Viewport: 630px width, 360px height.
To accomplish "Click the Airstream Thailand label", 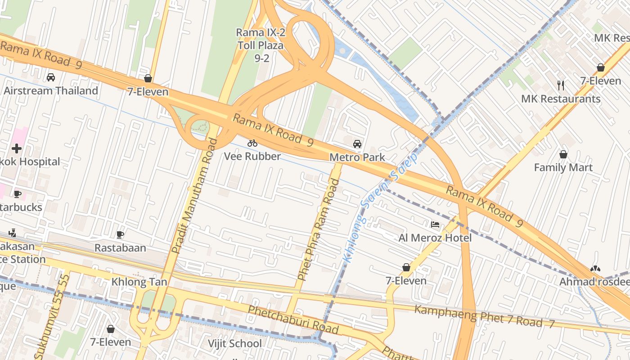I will point(51,91).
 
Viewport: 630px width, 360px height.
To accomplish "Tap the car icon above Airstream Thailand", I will point(51,77).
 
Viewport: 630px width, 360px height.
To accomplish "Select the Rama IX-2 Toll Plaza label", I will point(260,45).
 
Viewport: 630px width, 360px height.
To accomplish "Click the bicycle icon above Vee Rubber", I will point(252,144).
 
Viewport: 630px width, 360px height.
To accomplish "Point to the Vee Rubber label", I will point(252,157).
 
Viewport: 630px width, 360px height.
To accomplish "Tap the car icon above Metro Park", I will point(357,144).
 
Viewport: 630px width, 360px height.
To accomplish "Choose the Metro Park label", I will point(357,157).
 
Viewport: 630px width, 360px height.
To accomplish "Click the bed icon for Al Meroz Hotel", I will point(435,224).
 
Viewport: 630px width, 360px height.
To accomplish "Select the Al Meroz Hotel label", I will point(435,238).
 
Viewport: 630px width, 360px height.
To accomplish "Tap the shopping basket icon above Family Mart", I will point(563,155).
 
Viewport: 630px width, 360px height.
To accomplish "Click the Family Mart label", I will point(563,168).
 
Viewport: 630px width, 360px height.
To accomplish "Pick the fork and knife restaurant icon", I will point(561,85).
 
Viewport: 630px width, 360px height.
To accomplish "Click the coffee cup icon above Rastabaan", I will point(120,234).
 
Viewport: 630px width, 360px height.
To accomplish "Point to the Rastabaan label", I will point(120,248).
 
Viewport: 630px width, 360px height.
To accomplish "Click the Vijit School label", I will point(234,344).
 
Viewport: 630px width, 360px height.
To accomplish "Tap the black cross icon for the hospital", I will point(17,148).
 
